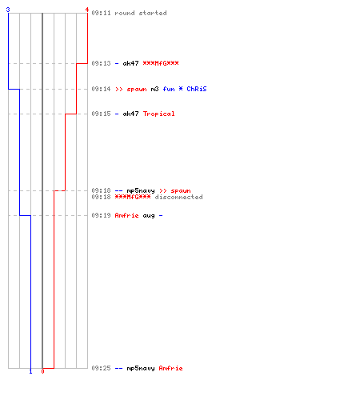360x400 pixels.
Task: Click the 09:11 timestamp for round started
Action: click(101, 13)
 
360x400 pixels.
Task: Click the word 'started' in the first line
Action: click(153, 13)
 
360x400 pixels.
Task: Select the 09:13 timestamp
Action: click(101, 63)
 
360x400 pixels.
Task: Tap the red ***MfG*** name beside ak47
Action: click(161, 63)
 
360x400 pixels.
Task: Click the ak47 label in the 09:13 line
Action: click(130, 63)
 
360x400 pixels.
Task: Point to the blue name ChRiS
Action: click(197, 89)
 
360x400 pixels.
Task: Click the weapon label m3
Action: click(154, 89)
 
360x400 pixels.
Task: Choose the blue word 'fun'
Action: click(169, 89)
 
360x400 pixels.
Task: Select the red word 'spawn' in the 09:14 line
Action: click(137, 90)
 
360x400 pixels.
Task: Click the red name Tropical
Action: click(158, 114)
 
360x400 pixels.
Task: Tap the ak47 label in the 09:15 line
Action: click(130, 114)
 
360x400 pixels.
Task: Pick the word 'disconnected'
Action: click(178, 197)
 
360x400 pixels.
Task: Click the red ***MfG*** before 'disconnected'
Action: click(133, 197)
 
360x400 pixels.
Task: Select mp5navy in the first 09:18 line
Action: click(141, 191)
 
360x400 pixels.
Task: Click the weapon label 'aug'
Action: click(149, 216)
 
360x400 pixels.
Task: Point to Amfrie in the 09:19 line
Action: click(126, 215)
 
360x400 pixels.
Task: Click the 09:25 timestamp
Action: click(101, 368)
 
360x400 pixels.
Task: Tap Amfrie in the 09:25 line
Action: click(170, 368)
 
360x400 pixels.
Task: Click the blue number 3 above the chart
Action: click(8, 10)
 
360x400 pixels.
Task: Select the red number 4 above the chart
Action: click(87, 10)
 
